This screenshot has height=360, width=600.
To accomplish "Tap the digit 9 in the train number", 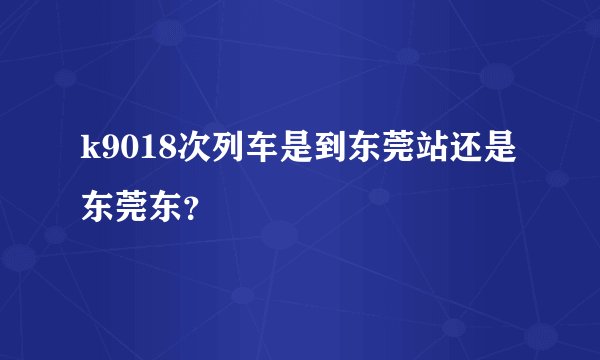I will pos(111,152).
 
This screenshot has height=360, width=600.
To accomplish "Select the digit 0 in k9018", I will pos(129,152).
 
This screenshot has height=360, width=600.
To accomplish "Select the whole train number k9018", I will pos(129,152).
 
